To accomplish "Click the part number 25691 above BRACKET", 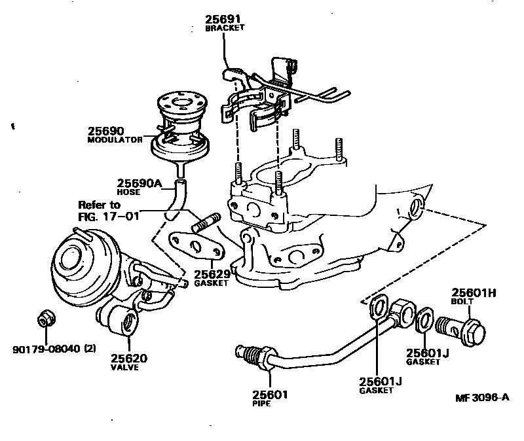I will pyautogui.click(x=223, y=20).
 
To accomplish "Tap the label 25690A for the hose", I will pyautogui.click(x=139, y=183).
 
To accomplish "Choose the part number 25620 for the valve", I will pyautogui.click(x=128, y=358).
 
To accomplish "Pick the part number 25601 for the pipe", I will pyautogui.click(x=270, y=395).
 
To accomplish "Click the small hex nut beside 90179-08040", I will pyautogui.click(x=45, y=319).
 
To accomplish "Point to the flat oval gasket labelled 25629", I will pyautogui.click(x=195, y=247).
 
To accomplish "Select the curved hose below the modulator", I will pyautogui.click(x=176, y=200).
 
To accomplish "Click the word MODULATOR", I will pyautogui.click(x=115, y=140).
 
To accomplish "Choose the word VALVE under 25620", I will pyautogui.click(x=128, y=368).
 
